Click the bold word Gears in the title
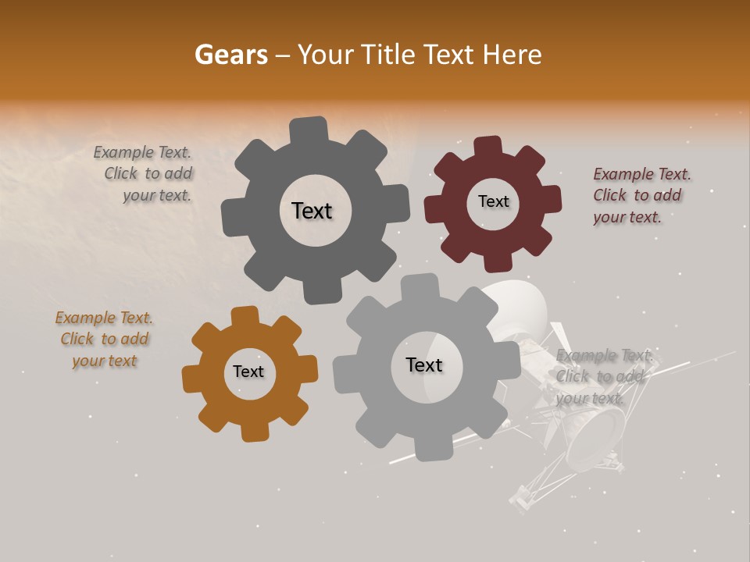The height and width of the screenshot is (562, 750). point(230,55)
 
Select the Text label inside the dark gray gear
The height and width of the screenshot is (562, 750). point(312,211)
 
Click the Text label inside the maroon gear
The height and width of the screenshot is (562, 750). point(493,201)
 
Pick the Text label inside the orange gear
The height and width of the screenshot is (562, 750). point(248,372)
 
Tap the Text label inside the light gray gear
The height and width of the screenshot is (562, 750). point(424,365)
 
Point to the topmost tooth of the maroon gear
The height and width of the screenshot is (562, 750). point(487,147)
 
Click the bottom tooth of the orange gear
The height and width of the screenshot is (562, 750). point(254,431)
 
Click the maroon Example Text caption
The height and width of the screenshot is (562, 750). point(641,195)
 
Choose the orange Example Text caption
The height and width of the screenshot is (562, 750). point(104,339)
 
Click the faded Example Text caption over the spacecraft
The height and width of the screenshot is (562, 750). point(602,376)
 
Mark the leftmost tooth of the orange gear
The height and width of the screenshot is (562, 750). point(192,379)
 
